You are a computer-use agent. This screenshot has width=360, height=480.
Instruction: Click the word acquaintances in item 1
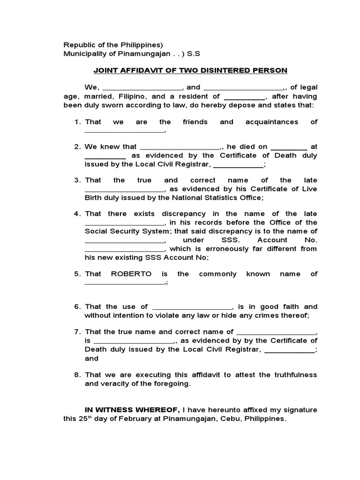271,122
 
